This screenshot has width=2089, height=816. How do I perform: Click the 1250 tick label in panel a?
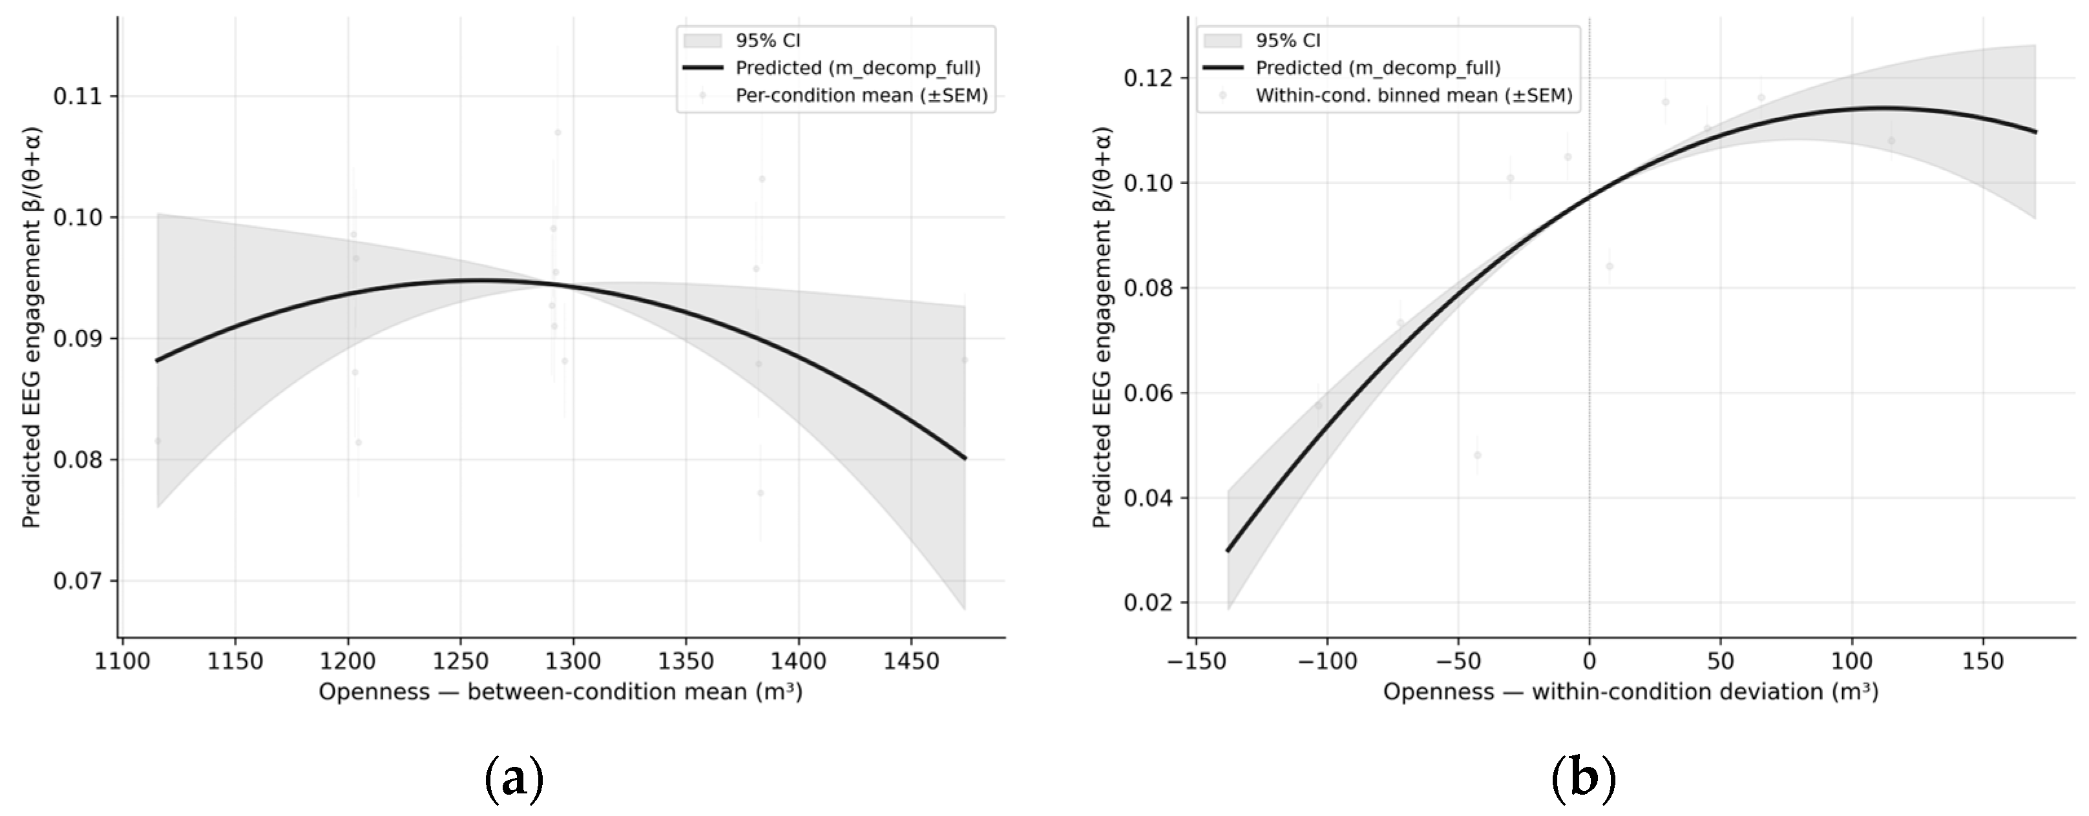click(460, 661)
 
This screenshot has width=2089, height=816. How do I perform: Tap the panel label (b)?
click(1584, 779)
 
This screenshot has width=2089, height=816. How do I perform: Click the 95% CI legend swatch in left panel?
click(702, 41)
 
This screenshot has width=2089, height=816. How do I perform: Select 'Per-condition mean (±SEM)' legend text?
click(862, 96)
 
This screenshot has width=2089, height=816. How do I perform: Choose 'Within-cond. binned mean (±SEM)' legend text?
click(1414, 96)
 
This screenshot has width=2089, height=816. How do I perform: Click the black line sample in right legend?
click(1222, 68)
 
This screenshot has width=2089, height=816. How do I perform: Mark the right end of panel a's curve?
click(966, 458)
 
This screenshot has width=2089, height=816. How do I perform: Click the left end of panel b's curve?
click(1228, 551)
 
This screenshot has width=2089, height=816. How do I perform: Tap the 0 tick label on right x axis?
click(1589, 661)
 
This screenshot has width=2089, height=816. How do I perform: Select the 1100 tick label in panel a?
click(123, 661)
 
